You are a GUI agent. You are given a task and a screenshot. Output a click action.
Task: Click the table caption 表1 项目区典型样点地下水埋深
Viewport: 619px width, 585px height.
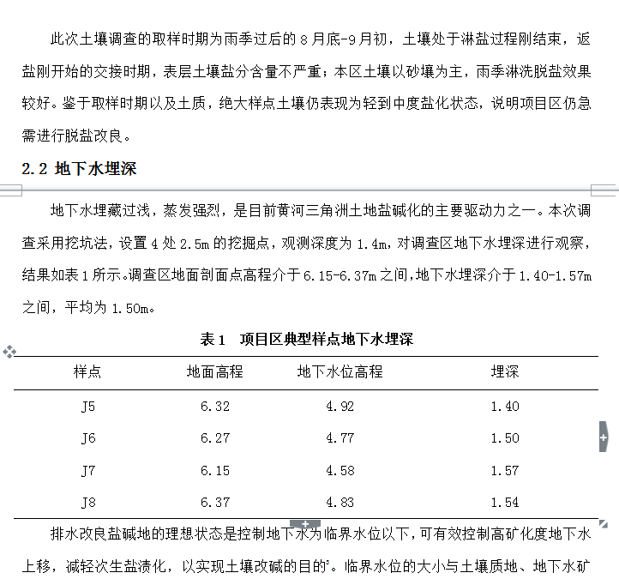click(x=306, y=340)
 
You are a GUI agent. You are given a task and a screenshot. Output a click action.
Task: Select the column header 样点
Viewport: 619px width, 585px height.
click(x=87, y=372)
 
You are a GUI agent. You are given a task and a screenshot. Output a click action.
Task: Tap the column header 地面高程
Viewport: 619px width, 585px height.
click(x=215, y=372)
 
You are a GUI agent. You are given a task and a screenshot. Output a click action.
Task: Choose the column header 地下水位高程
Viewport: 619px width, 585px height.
click(x=340, y=372)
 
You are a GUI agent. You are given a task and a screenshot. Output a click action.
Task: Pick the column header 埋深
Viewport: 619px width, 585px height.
click(x=504, y=372)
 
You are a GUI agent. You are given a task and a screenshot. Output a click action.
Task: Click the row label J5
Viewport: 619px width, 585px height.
click(x=88, y=406)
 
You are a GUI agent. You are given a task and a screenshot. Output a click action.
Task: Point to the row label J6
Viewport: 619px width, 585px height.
click(x=88, y=438)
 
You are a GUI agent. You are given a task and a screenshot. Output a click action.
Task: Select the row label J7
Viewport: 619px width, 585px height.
click(x=88, y=471)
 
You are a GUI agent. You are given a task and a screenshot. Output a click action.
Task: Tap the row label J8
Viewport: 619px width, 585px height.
click(x=88, y=503)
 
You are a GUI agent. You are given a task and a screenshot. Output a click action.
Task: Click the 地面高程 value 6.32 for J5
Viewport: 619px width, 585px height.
click(x=215, y=406)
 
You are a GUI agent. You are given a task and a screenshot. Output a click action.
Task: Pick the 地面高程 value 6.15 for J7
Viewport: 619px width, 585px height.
click(x=215, y=471)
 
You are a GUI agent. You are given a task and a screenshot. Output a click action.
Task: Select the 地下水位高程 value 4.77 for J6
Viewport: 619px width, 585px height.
click(x=340, y=438)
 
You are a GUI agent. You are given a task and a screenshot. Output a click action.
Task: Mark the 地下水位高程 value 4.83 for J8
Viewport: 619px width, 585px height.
click(x=340, y=503)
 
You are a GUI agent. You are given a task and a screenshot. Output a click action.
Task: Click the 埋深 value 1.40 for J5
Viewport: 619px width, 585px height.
click(x=504, y=406)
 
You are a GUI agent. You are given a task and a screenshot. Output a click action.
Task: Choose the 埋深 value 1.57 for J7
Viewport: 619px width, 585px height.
click(x=504, y=471)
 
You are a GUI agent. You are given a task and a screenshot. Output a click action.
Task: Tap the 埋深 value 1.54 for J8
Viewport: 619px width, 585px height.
click(x=504, y=503)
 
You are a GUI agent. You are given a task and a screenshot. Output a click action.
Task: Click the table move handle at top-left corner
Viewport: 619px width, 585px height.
click(x=9, y=352)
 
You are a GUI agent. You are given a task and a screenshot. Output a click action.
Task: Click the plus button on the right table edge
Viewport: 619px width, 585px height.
click(x=604, y=438)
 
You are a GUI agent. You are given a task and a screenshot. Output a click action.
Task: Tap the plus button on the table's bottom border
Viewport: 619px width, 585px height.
click(x=305, y=523)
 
